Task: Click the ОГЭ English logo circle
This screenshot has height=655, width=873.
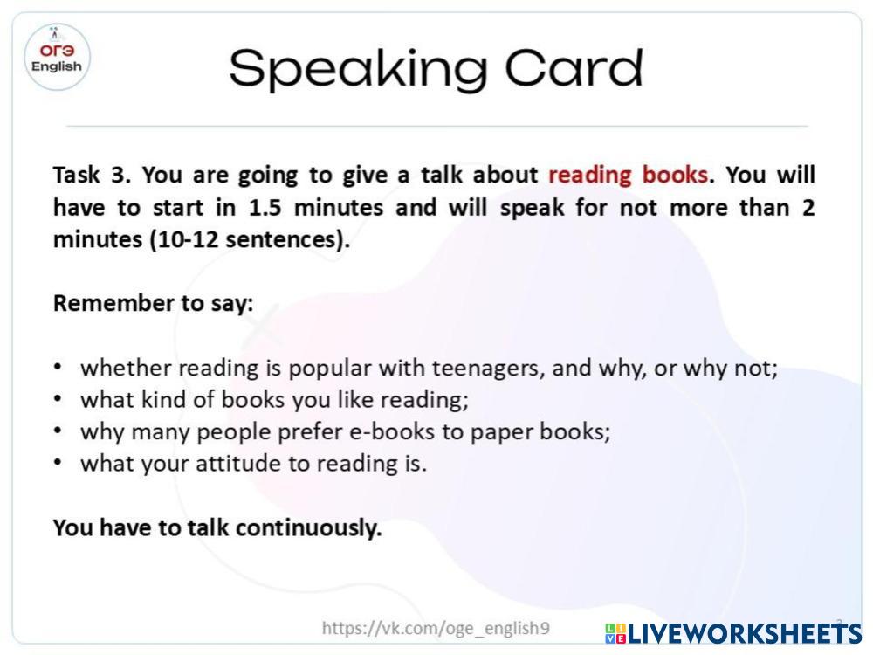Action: (x=57, y=58)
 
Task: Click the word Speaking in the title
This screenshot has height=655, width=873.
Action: (x=358, y=70)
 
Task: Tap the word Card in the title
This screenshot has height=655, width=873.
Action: (x=574, y=68)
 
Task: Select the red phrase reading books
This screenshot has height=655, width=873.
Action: (x=628, y=175)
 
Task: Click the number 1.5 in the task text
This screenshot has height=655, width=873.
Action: (x=265, y=208)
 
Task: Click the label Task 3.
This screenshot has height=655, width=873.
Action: (x=92, y=175)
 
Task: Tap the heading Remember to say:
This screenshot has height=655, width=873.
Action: (x=153, y=304)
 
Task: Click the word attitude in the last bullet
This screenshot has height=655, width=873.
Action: (x=238, y=464)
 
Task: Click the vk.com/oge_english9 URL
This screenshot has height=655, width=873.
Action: (x=436, y=628)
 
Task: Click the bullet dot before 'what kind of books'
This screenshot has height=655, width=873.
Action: (x=58, y=399)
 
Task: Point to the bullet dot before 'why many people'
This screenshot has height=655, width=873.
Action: (x=58, y=431)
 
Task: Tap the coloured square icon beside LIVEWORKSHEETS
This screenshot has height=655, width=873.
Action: (x=615, y=634)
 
